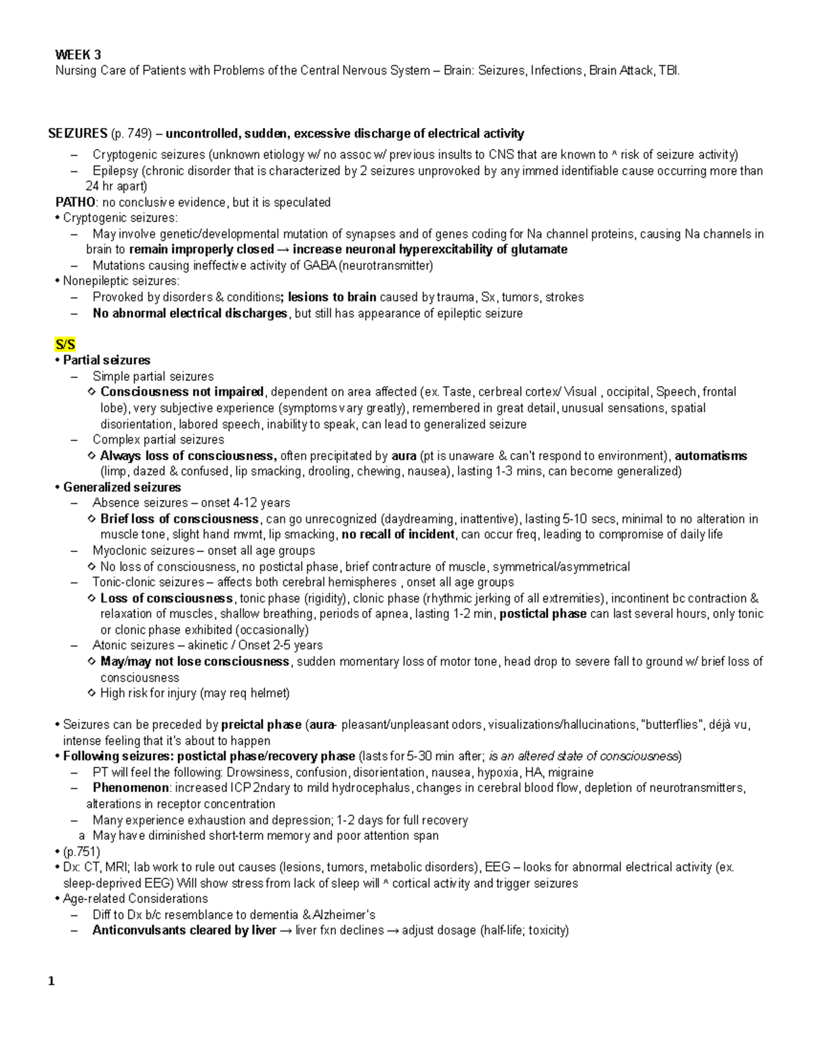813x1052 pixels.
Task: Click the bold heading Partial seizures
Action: tap(106, 360)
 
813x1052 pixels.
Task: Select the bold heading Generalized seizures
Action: tap(122, 487)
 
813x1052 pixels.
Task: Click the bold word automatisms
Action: tap(711, 456)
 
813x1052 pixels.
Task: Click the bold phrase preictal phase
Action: tap(261, 725)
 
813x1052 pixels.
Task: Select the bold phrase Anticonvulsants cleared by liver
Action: tap(184, 930)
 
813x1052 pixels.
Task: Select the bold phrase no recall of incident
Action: tap(398, 534)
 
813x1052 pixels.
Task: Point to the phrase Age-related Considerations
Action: tap(135, 899)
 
